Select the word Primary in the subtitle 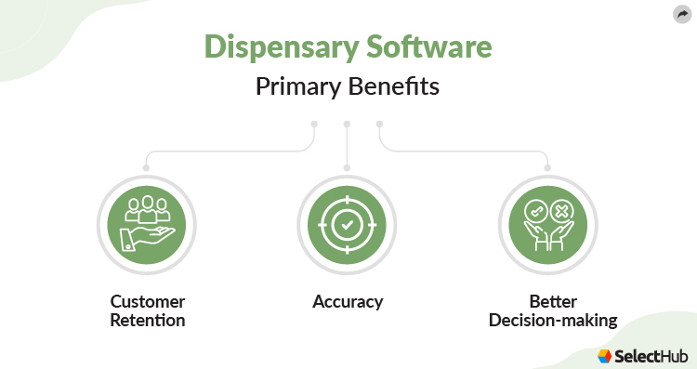coord(297,89)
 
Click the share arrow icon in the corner coord(681,14)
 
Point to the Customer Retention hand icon coord(147,226)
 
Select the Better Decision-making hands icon coord(547,226)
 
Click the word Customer coord(148,302)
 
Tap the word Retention coord(148,321)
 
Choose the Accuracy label coord(348,302)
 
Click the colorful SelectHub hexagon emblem coord(605,355)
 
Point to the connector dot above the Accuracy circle coord(347,167)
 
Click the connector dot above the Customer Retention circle coord(147,167)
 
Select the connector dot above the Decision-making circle coord(547,167)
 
